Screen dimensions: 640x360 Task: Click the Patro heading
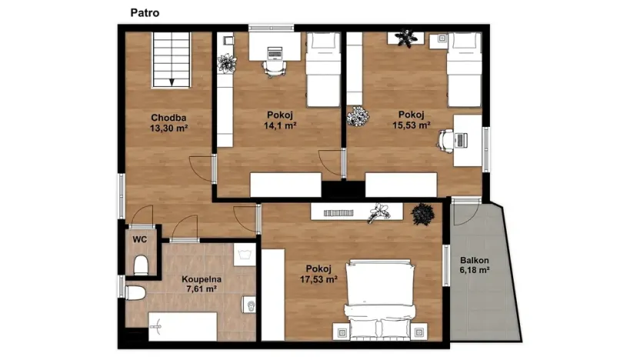145,13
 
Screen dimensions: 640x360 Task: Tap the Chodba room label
168,118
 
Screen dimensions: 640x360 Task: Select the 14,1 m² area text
280,125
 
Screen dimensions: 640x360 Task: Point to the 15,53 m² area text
412,125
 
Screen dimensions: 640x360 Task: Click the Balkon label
475,261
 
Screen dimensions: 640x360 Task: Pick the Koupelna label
202,279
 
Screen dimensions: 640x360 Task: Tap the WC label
139,239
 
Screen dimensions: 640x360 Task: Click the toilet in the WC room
141,265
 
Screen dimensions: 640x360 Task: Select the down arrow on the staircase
172,82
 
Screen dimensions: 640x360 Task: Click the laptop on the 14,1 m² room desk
275,52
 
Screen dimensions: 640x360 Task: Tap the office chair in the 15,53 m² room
446,141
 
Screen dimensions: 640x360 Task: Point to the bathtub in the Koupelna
182,326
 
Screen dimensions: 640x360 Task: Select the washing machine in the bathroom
245,255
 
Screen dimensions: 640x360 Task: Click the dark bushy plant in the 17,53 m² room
422,214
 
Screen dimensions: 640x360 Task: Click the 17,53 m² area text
318,279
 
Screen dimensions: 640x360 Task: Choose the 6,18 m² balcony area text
475,270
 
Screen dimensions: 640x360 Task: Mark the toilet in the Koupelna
135,292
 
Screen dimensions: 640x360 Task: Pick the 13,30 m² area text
168,128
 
